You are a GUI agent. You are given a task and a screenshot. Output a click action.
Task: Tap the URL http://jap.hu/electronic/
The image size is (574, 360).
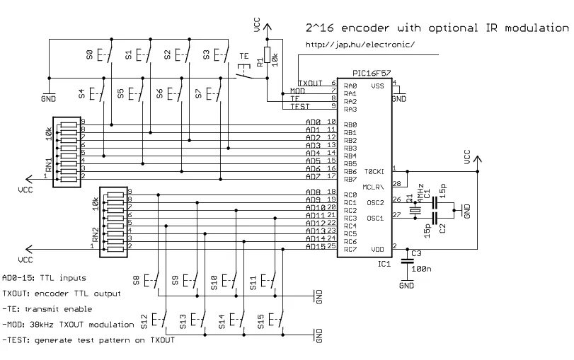(360, 45)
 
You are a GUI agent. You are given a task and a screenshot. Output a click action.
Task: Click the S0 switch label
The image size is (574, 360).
(89, 54)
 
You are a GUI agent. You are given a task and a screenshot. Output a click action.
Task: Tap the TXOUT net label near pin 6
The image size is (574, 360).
(310, 83)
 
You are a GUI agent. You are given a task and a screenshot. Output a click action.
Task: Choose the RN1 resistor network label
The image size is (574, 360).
(48, 166)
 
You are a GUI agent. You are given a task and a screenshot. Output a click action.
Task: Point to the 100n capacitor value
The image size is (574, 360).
(423, 269)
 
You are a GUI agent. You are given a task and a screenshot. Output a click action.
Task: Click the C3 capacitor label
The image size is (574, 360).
(416, 253)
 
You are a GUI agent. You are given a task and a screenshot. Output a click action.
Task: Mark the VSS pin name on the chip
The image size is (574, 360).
(377, 86)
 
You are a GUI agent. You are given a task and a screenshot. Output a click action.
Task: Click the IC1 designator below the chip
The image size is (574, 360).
(384, 264)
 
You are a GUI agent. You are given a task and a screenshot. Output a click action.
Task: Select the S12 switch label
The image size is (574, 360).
(145, 323)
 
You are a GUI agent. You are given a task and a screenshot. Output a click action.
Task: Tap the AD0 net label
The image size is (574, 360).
(313, 122)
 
